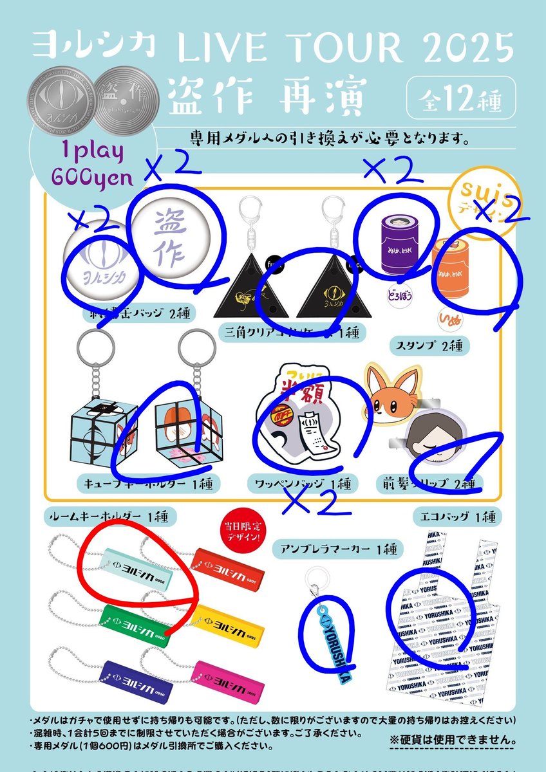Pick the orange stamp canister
click(x=455, y=265)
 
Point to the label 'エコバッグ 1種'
click(x=457, y=516)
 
